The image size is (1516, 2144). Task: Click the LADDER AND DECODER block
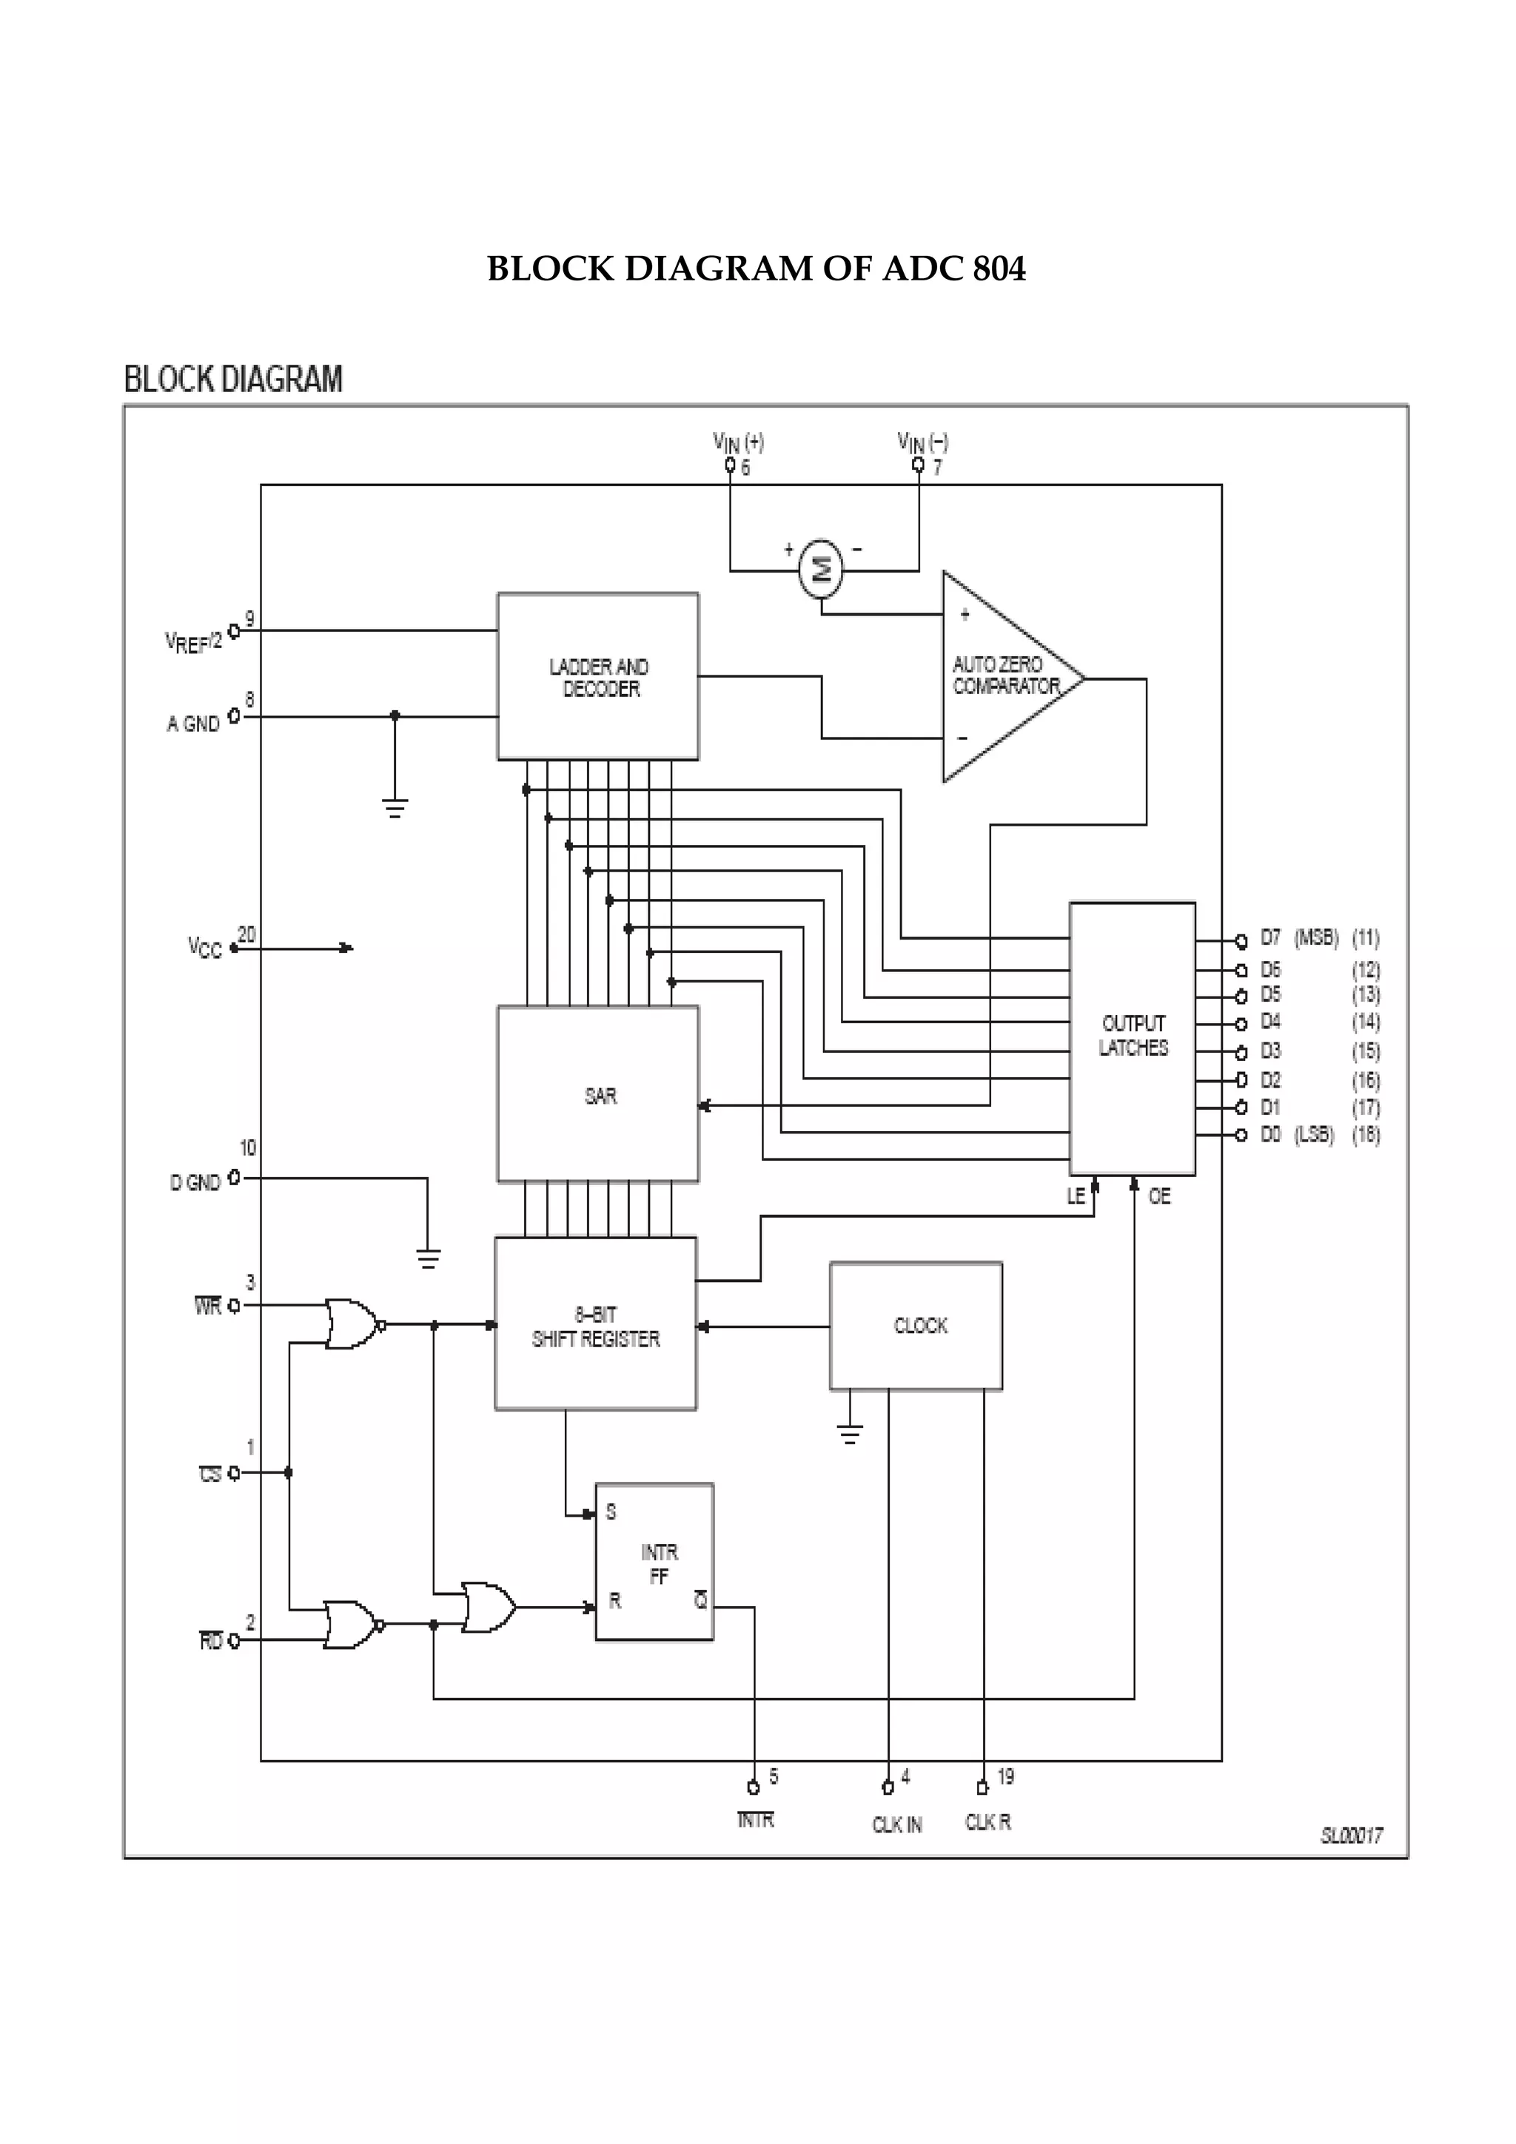pyautogui.click(x=598, y=676)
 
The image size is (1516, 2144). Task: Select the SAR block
pyautogui.click(x=598, y=1093)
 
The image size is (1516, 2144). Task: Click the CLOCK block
pyautogui.click(x=916, y=1325)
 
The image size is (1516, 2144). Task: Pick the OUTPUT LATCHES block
pyautogui.click(x=1132, y=1036)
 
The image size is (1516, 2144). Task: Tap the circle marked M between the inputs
pyautogui.click(x=821, y=567)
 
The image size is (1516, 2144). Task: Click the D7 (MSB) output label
pyautogui.click(x=1298, y=937)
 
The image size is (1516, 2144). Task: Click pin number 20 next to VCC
pyautogui.click(x=246, y=933)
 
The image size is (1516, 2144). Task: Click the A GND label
pyautogui.click(x=193, y=724)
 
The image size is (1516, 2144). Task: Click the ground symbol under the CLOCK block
pyautogui.click(x=850, y=1433)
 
